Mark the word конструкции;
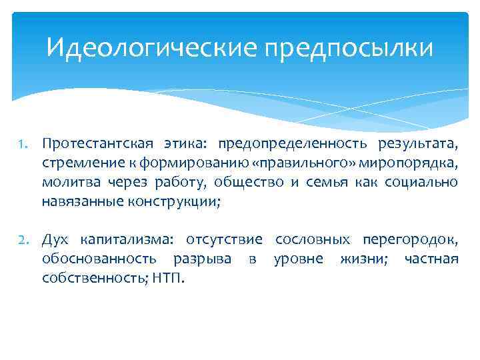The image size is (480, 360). point(173,201)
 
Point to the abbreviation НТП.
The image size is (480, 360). point(171,277)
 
